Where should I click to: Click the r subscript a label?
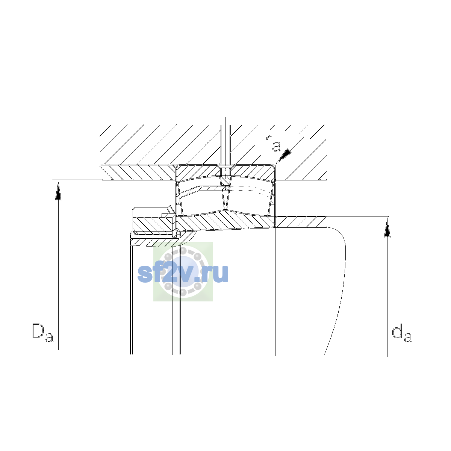(x=273, y=143)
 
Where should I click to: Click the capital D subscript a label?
(x=42, y=333)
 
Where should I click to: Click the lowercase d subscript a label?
(x=402, y=333)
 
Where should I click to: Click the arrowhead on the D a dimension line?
(x=58, y=191)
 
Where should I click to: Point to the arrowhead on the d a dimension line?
(x=387, y=228)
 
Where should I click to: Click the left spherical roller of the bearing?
(x=202, y=203)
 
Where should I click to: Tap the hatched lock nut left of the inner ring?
(x=153, y=224)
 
